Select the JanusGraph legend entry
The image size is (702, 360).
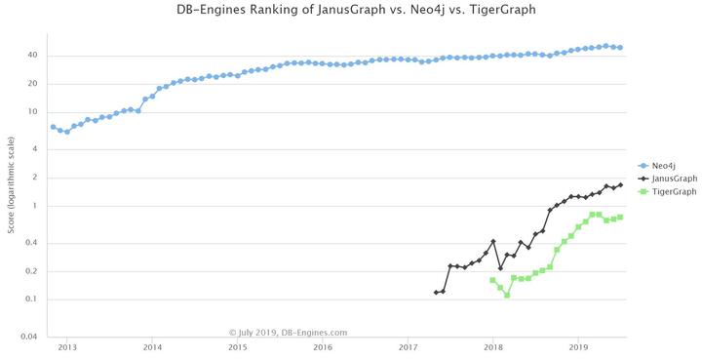[671, 179]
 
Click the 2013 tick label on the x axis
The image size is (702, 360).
[67, 346]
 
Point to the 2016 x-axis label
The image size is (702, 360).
[323, 346]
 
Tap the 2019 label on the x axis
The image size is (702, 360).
[578, 346]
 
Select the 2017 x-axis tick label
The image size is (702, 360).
[408, 346]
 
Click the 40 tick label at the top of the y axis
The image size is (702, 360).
[32, 56]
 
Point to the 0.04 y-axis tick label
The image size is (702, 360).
[29, 337]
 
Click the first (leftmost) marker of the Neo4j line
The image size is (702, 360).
[53, 127]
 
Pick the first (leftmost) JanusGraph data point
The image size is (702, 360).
[436, 293]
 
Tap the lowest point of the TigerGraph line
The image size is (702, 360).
[507, 295]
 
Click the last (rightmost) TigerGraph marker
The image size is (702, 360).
[620, 218]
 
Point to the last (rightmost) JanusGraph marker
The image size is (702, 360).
[620, 185]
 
